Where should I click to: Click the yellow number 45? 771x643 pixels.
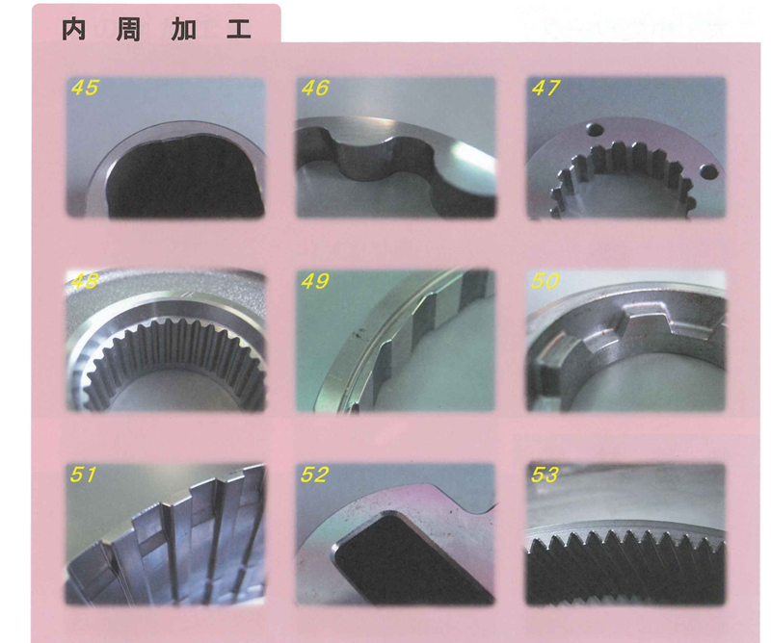85,88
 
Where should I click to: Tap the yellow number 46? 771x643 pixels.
315,88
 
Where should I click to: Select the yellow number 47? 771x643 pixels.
545,88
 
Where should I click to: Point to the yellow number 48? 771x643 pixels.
85,281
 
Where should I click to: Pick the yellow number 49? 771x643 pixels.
315,281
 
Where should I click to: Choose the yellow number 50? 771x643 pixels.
545,281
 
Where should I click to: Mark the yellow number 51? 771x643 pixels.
83,475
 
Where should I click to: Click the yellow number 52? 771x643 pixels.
314,475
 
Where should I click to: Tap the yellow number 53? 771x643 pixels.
545,475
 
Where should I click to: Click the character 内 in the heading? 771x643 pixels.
74,30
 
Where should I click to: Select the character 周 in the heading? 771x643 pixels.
128,30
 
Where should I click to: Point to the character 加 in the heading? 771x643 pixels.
183,30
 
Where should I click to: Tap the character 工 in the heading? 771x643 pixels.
239,30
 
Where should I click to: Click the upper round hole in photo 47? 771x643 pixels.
596,131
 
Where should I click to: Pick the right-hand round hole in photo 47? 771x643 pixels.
708,171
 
